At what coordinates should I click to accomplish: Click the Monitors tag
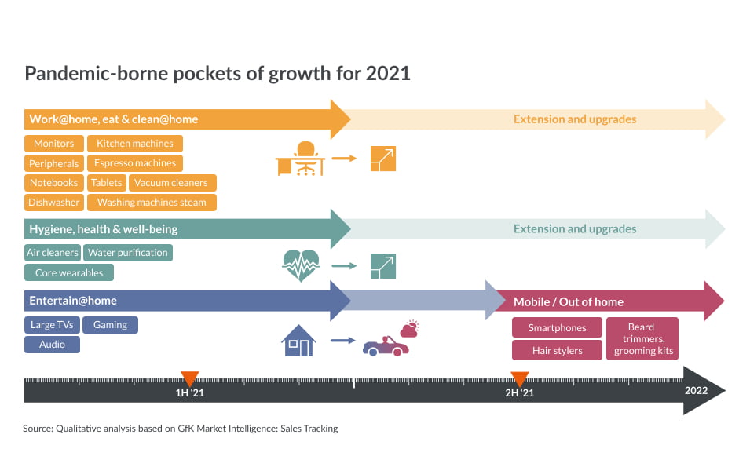click(54, 144)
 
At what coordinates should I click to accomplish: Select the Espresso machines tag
click(135, 163)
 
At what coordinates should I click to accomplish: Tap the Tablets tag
click(107, 183)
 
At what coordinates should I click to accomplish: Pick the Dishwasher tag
click(54, 203)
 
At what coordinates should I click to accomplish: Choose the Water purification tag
click(128, 253)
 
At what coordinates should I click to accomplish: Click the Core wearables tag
click(69, 272)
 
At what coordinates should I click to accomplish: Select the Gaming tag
click(110, 325)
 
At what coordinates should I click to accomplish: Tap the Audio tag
click(52, 345)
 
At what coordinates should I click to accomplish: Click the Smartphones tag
click(557, 327)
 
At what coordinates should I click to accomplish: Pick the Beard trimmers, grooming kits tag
click(642, 338)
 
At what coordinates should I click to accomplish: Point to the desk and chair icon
click(300, 159)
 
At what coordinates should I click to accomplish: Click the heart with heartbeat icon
click(301, 265)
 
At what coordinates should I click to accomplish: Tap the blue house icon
click(298, 341)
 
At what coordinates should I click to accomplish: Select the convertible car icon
click(386, 346)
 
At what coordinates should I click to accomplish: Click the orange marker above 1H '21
click(189, 378)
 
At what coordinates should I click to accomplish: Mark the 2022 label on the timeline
click(696, 391)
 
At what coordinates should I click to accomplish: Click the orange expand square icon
click(383, 159)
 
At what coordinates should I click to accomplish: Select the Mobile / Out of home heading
click(569, 301)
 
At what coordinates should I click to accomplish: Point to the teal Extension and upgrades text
click(575, 229)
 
